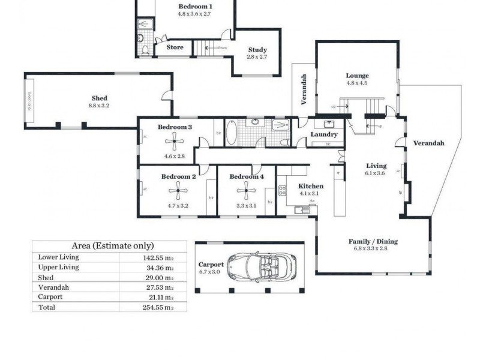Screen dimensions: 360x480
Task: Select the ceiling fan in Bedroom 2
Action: (178, 193)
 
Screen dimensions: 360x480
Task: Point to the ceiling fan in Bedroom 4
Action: (246, 193)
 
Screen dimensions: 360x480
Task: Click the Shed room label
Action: (99, 98)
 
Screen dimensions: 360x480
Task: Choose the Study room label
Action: (257, 50)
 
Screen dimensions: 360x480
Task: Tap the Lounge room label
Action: (357, 76)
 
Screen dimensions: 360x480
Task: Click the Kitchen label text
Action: (311, 186)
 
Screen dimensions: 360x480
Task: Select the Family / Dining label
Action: (373, 241)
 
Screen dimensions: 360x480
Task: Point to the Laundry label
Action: (325, 134)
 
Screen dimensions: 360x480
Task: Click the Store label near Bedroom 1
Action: (175, 47)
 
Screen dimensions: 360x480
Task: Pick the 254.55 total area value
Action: (158, 307)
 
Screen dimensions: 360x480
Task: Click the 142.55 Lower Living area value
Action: (158, 257)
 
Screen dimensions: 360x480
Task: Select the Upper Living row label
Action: (59, 267)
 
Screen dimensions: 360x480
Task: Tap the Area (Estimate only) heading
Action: (113, 245)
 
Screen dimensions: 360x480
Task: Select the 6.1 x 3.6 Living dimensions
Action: (376, 173)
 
